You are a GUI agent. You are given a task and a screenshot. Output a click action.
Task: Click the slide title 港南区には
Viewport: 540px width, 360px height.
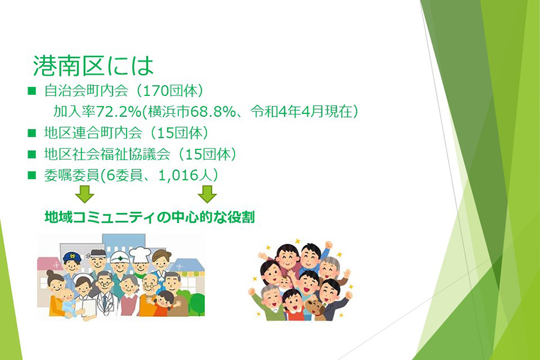click(x=93, y=65)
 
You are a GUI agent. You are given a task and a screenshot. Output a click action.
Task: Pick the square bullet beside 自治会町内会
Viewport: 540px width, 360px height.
click(x=32, y=91)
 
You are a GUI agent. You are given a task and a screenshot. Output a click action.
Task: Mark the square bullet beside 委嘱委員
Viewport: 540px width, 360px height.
click(x=32, y=175)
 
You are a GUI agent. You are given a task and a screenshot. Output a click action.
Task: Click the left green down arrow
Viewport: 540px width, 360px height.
click(x=85, y=194)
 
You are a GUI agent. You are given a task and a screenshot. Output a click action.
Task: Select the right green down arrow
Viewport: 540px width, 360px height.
click(x=207, y=194)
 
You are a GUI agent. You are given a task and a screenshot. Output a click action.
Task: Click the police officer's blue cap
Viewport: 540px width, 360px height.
click(x=72, y=257)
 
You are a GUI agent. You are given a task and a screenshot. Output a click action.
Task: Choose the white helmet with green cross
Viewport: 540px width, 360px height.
click(x=119, y=257)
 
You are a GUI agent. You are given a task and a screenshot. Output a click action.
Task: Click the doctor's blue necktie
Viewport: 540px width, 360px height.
click(x=104, y=301)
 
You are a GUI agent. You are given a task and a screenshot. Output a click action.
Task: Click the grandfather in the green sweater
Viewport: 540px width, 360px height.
click(x=271, y=302)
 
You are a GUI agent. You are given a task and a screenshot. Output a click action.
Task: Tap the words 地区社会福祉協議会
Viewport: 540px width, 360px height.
click(x=107, y=154)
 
